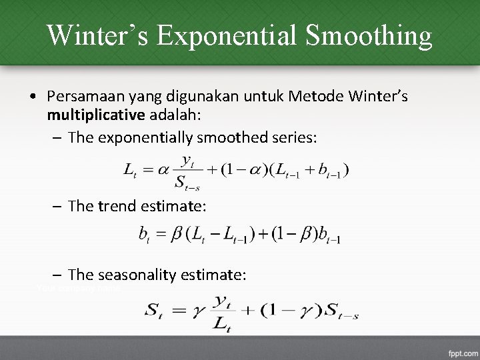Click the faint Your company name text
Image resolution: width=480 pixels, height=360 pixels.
click(x=79, y=287)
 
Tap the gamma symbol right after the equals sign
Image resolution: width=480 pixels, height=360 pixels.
click(x=197, y=311)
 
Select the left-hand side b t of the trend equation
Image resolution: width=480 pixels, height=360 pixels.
click(x=143, y=235)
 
